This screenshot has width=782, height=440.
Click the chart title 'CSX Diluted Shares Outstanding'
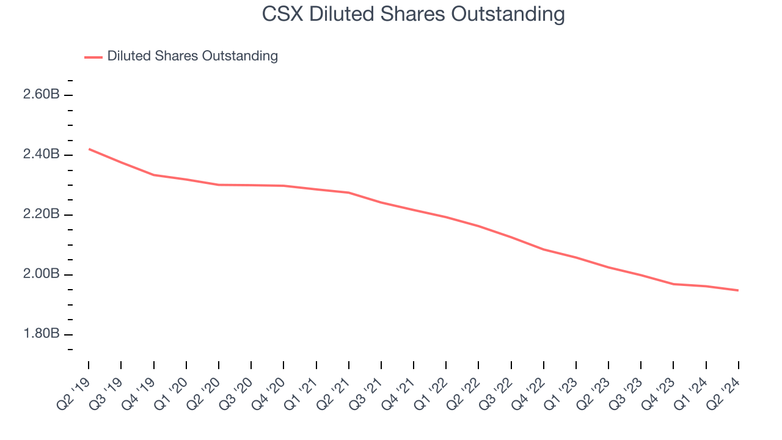413,13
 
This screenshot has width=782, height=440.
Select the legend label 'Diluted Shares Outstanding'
192,56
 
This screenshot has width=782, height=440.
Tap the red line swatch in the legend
93,57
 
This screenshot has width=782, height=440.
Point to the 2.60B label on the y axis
42,95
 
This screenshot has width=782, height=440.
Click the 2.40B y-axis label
42,155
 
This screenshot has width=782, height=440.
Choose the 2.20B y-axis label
42,215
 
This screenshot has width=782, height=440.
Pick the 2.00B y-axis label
42,274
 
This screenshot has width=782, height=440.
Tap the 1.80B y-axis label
42,334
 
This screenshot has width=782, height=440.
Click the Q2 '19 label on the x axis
73,392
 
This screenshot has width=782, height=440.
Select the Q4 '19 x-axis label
139,392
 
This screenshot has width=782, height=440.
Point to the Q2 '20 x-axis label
203,392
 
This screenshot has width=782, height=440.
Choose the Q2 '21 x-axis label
334,392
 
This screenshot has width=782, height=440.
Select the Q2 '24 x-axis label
723,392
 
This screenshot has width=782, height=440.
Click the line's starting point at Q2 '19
89,149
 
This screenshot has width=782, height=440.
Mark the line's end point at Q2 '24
738,290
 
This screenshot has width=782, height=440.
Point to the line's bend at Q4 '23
673,284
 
